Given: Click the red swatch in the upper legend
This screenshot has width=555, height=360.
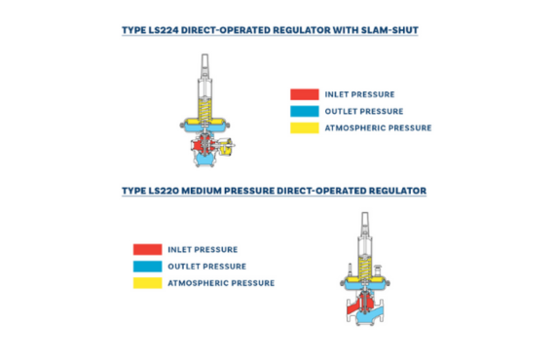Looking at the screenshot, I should (x=304, y=94).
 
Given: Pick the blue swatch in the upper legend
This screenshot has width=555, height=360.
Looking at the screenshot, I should (x=304, y=111).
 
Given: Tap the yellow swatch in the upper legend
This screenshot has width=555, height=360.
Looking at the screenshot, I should (x=304, y=127).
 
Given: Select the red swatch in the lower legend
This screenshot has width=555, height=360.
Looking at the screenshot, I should (x=148, y=249).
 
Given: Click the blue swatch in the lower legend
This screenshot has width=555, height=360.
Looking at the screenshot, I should (x=148, y=266).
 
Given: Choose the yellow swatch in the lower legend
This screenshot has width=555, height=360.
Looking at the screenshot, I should (x=148, y=282).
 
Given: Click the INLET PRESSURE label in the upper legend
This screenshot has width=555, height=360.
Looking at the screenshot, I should (x=359, y=94).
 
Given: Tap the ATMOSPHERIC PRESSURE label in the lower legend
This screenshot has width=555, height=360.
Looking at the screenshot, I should (x=221, y=283).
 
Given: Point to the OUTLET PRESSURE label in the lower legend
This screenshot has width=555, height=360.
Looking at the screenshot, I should (x=206, y=266).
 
